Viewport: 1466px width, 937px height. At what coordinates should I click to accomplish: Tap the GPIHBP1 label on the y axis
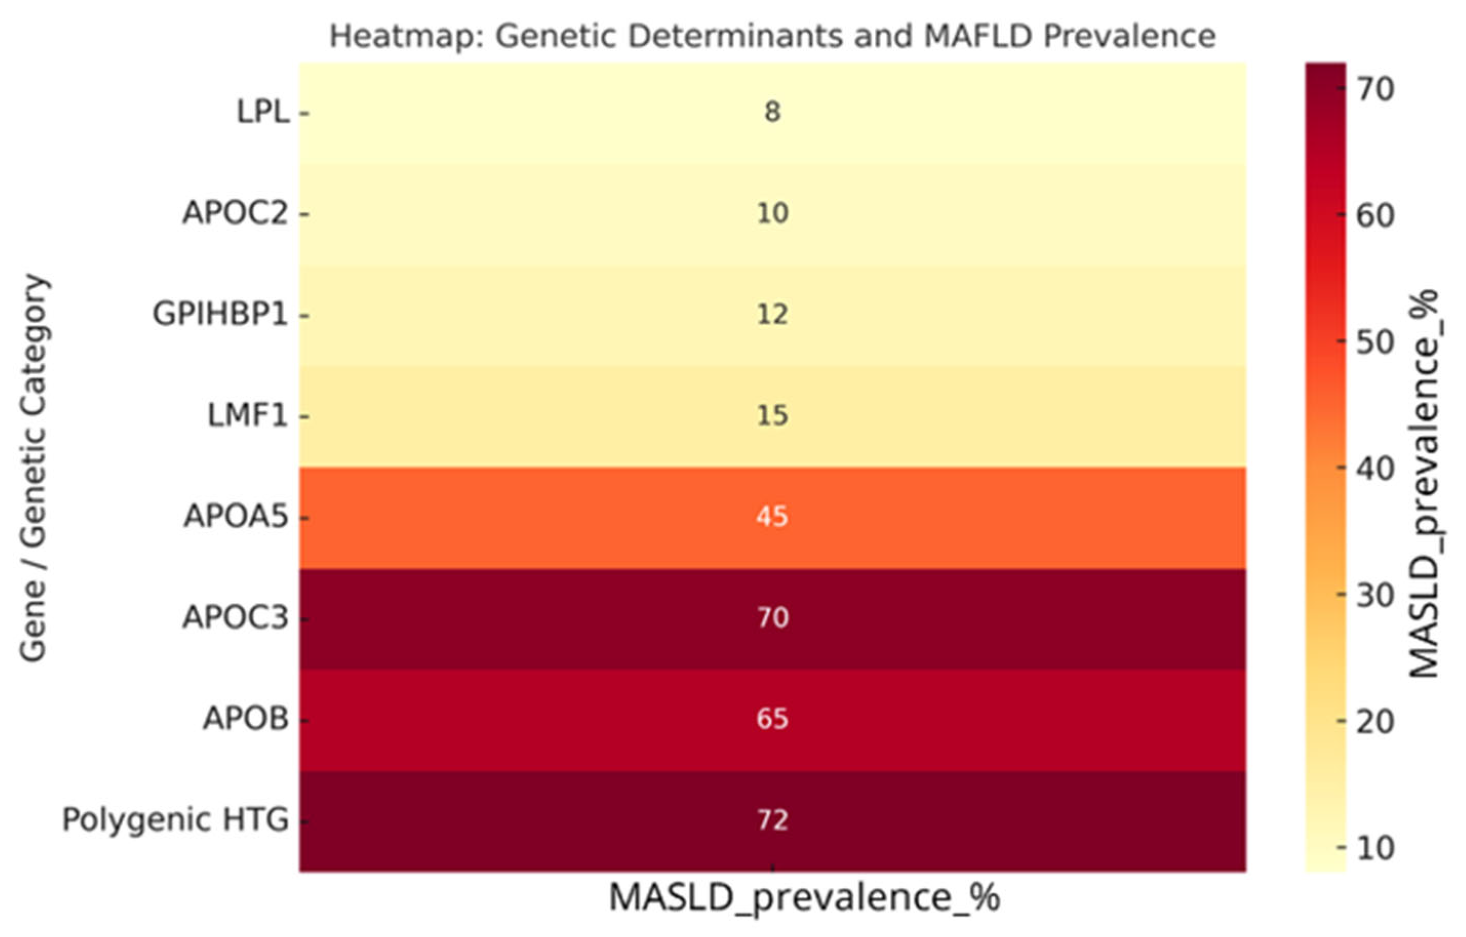(220, 315)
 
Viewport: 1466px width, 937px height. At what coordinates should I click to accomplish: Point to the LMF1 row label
(247, 416)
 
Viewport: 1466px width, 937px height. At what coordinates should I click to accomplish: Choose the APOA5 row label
(235, 517)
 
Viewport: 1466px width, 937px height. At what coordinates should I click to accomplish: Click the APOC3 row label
(235, 618)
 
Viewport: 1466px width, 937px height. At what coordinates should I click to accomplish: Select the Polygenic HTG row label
(175, 820)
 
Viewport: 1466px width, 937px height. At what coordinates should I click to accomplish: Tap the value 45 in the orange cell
(772, 517)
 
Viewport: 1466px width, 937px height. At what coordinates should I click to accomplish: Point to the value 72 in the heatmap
(772, 820)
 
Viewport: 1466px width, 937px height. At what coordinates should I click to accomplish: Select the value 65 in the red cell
(772, 719)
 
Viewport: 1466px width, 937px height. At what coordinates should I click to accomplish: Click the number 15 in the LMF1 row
(772, 416)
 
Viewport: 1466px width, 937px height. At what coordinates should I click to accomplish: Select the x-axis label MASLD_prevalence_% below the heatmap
(804, 898)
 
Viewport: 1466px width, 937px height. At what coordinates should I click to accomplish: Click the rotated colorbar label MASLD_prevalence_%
(1423, 484)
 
